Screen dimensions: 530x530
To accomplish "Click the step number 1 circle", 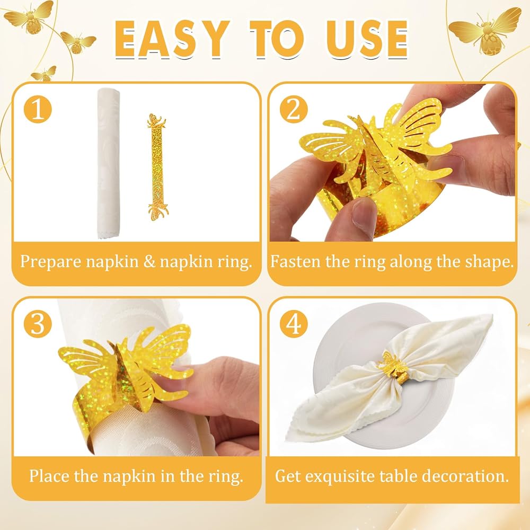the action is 38,109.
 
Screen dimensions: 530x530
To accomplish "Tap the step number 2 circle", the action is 294,109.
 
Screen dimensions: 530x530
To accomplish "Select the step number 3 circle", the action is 38,323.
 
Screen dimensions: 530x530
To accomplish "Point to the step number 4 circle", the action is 294,323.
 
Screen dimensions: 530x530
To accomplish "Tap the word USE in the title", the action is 367,39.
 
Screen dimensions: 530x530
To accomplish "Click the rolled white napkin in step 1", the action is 109,163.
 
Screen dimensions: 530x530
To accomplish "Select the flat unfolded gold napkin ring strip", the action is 157,167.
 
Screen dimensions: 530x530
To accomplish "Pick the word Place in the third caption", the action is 49,476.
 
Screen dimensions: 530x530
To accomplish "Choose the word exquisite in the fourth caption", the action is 339,476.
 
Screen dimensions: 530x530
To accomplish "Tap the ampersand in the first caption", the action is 149,262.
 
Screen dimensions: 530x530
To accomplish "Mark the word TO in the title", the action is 277,39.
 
